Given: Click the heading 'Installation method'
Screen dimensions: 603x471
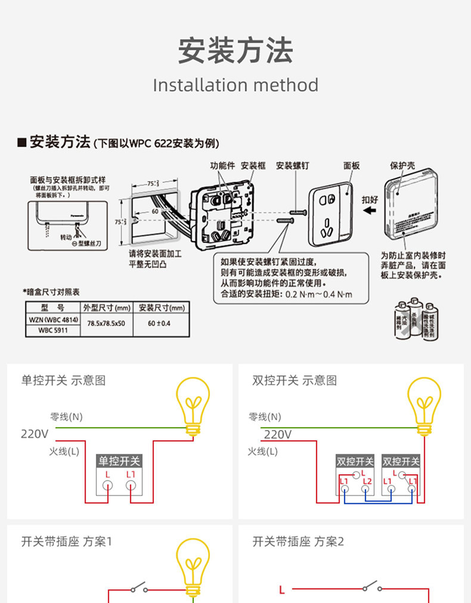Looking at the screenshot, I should (235, 85).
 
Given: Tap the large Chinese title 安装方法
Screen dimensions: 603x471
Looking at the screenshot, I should (235, 50).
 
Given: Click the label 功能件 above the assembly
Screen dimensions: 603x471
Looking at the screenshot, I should (222, 166).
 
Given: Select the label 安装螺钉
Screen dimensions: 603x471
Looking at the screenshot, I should (292, 166).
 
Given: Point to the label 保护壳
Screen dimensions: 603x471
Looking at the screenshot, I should (402, 165).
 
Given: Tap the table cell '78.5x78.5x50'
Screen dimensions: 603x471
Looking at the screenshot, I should (106, 323).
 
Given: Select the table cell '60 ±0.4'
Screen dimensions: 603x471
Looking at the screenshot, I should (159, 323).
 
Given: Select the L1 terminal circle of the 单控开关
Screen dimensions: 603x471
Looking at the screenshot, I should (131, 486).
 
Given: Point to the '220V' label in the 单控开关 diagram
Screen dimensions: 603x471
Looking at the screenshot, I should (35, 434).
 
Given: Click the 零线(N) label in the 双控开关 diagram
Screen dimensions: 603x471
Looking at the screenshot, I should (265, 417).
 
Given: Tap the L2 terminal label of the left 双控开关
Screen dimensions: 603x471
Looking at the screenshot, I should (367, 481).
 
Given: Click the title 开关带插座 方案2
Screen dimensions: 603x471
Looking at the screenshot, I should (298, 542).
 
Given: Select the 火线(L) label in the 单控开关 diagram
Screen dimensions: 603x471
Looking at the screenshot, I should (64, 452).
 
